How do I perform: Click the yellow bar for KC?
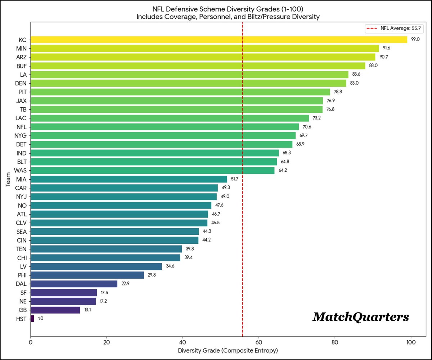tap(219, 40)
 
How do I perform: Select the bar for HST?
tap(32, 319)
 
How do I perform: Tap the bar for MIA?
tap(129, 179)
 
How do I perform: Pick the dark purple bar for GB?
tap(55, 310)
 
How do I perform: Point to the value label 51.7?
tap(235, 179)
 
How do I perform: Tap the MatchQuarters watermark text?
tap(361, 317)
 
